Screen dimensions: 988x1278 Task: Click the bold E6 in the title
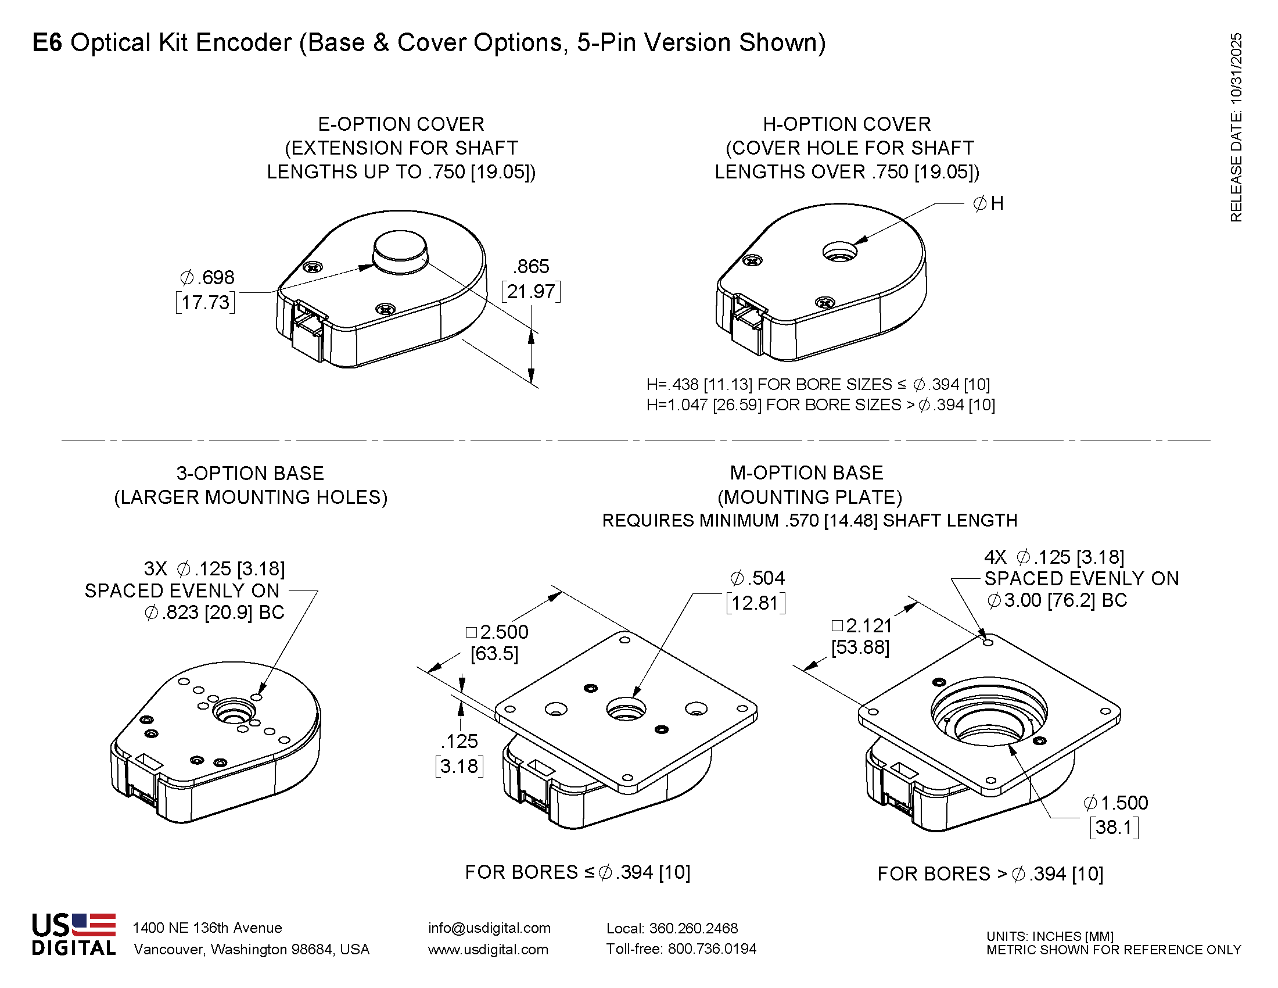47,43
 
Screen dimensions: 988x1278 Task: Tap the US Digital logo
74,935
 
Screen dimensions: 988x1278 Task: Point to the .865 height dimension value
532,267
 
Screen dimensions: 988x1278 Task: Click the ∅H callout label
988,203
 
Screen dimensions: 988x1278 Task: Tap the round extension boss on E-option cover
401,250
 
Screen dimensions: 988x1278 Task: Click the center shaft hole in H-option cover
840,253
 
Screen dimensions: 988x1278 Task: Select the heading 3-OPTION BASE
250,473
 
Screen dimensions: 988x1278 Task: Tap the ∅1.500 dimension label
1116,803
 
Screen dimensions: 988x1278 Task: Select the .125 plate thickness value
460,742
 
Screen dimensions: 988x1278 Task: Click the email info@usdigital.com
489,928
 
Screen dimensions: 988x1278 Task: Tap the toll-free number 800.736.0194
712,949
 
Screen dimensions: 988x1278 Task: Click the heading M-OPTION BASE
806,473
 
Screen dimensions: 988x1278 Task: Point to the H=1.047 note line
820,405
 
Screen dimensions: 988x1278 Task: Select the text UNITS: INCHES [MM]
1050,936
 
